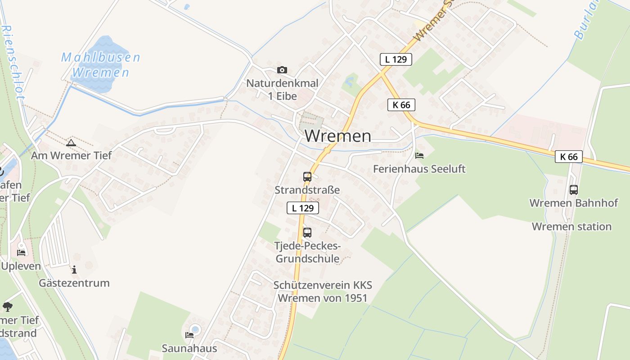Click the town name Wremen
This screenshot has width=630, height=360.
click(338, 135)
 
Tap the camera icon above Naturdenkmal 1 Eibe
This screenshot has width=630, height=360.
click(282, 70)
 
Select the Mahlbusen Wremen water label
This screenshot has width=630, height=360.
click(101, 65)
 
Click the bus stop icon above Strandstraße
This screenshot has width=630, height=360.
click(307, 177)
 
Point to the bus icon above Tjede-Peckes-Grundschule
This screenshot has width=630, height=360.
click(307, 233)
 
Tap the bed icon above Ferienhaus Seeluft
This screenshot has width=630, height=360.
click(419, 156)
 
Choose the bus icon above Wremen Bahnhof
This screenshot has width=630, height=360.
click(574, 190)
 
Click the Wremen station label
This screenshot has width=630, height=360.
click(571, 226)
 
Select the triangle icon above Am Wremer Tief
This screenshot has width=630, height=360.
click(71, 143)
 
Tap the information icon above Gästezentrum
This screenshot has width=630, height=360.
click(74, 270)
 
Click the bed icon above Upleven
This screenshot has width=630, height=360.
click(21, 252)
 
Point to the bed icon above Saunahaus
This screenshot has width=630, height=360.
click(189, 335)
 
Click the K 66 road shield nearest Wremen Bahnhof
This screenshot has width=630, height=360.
click(569, 157)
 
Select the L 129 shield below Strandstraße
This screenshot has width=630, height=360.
click(303, 208)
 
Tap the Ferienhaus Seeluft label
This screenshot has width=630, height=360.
click(419, 169)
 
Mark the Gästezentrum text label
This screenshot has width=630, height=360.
click(74, 283)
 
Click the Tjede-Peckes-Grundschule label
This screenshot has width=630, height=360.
click(308, 252)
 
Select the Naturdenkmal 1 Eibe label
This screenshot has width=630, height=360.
click(282, 90)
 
